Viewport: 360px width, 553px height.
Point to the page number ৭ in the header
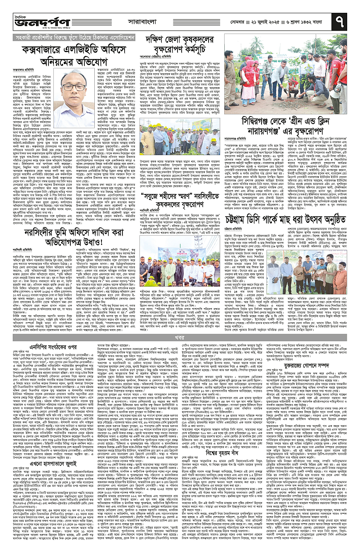point(345,19)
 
